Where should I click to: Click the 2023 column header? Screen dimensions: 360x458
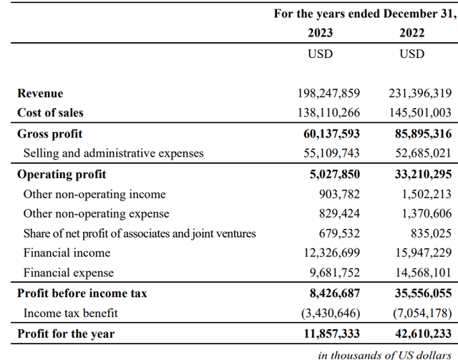point(320,33)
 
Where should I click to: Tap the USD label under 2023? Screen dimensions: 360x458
point(320,54)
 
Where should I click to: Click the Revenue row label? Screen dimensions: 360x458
point(40,94)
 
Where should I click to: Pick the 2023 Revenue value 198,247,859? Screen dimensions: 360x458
point(328,94)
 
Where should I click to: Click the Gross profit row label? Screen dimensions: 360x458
point(50,134)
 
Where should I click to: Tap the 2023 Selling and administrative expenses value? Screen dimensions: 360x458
point(331,152)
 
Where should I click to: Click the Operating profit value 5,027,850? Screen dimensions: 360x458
point(331,174)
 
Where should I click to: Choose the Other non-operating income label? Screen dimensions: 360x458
point(94,194)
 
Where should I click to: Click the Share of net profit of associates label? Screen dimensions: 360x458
point(140,233)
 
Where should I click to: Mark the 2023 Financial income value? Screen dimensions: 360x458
point(328,253)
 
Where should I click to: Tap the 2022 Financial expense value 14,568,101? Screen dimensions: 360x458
point(419,273)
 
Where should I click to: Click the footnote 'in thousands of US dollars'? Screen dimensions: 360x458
point(386,353)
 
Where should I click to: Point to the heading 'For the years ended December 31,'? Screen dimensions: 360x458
point(365,14)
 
